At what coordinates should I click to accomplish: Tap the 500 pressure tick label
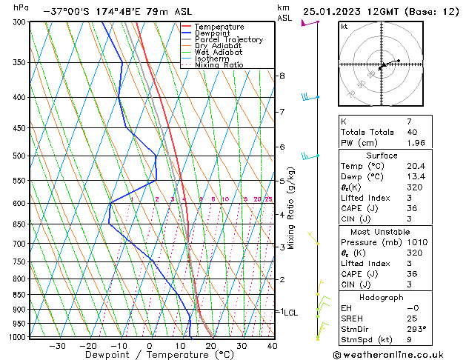(20, 156)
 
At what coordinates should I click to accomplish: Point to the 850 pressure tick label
(20, 295)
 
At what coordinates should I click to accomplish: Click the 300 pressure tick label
(20, 22)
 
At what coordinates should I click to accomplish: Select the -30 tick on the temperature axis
(57, 345)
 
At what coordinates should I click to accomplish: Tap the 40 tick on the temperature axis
(272, 345)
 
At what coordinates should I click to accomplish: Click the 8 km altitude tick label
(282, 76)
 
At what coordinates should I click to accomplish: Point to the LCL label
(290, 313)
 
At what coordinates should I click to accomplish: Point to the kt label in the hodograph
(344, 26)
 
